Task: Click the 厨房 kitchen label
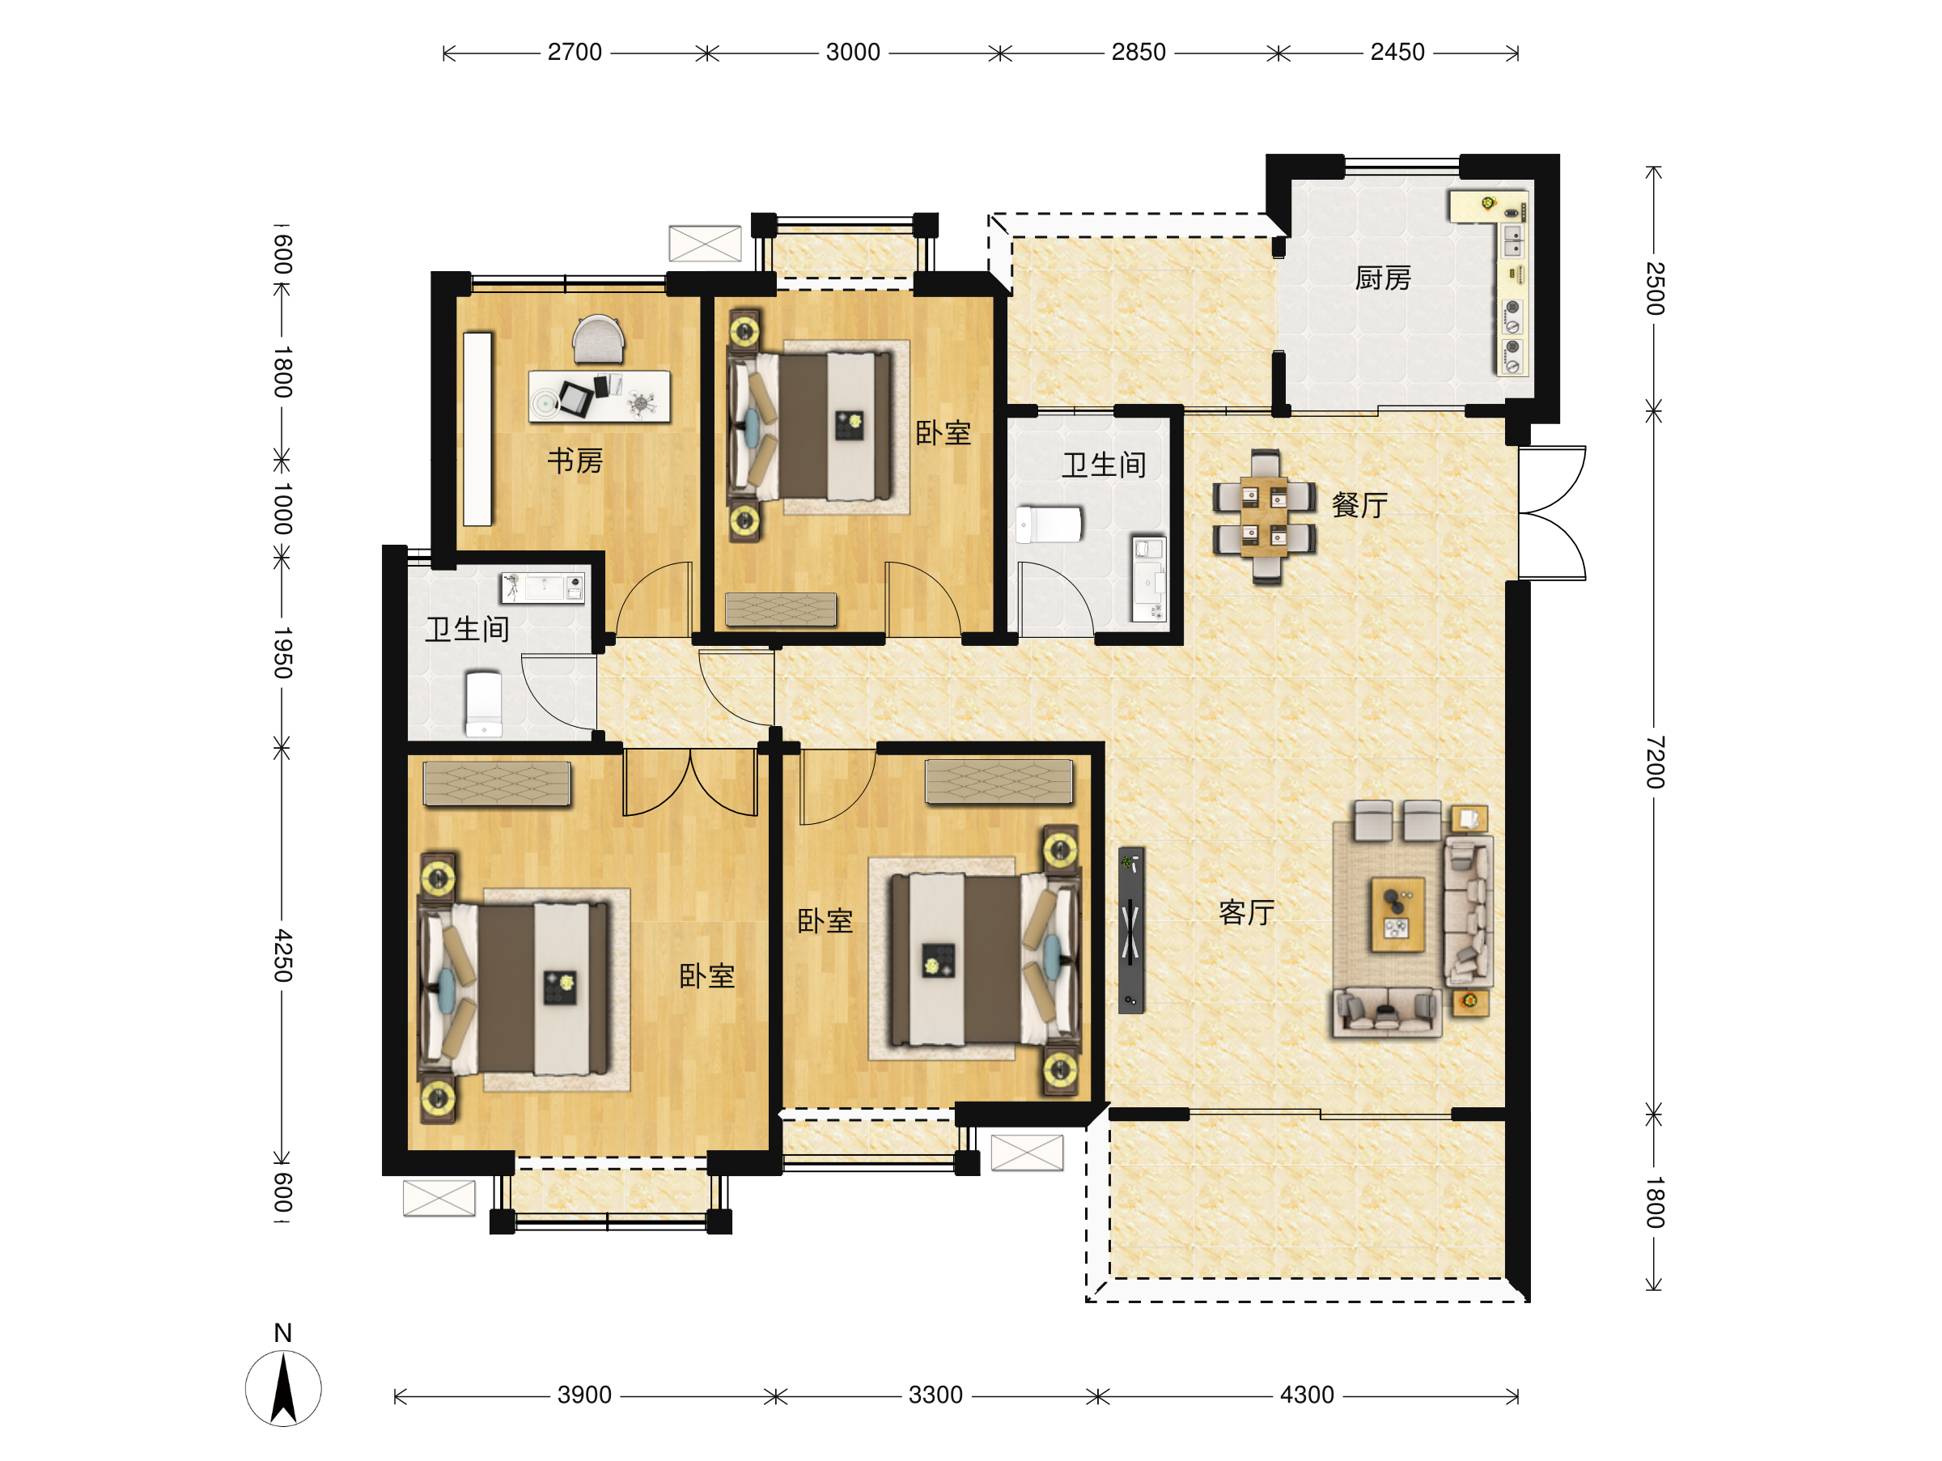1383,278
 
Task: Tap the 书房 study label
575,460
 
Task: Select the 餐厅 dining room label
1359,505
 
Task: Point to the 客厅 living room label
1246,913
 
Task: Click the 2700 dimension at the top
575,53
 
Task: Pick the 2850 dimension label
1138,53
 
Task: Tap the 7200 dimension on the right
1654,762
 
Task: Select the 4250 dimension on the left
282,955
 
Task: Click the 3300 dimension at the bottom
936,1395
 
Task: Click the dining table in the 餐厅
1264,517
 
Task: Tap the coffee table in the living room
1397,914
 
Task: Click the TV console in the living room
1130,930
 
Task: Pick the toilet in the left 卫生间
484,704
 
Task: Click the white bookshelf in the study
477,428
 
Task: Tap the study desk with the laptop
599,397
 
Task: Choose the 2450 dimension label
1397,53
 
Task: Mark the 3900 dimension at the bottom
585,1395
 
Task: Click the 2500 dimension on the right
1654,288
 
